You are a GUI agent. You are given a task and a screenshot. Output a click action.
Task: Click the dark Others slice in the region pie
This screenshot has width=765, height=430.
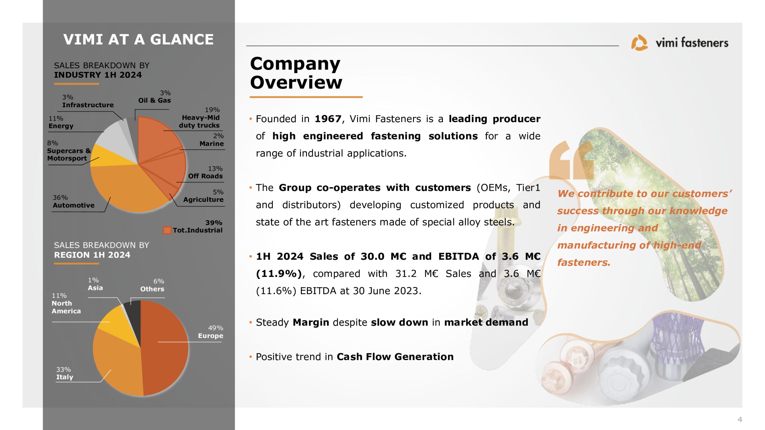pos(134,314)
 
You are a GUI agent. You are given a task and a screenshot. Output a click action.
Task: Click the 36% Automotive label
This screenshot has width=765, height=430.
pos(74,202)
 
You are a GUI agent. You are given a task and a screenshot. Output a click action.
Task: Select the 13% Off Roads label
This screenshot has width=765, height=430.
pos(206,172)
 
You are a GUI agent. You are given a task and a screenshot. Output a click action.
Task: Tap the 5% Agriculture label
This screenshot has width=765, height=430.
pos(204,196)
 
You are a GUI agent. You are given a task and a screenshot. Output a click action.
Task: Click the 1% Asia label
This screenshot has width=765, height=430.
pos(95,284)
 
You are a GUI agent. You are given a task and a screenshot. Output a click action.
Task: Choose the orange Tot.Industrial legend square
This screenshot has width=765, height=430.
pos(167,230)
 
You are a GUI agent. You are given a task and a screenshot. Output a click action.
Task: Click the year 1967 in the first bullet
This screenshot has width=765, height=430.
pos(328,119)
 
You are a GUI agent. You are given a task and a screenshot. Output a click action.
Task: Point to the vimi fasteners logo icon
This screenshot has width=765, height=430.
pos(639,43)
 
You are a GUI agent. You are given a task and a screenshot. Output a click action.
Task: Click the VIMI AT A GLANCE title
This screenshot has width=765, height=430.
pos(138,39)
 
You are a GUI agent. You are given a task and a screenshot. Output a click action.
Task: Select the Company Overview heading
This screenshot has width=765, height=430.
pos(296,73)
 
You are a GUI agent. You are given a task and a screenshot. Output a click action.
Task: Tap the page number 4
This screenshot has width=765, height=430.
pos(740,419)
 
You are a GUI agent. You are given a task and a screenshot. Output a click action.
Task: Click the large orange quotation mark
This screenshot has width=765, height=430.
pos(571,160)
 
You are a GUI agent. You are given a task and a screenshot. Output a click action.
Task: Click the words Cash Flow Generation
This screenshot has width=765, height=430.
pos(395,357)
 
